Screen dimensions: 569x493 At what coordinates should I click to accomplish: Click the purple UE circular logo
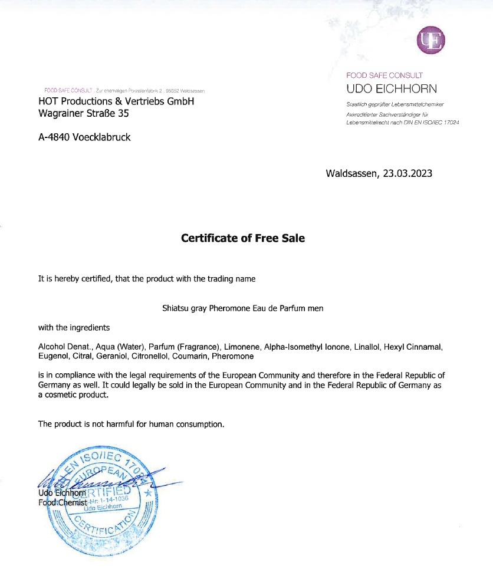(430, 40)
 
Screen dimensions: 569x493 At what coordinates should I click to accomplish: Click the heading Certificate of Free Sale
(242, 238)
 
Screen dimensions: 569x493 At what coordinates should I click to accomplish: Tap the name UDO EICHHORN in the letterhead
(392, 89)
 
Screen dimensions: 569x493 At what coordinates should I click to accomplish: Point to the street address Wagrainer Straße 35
(83, 113)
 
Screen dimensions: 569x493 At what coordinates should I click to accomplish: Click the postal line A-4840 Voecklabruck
(84, 137)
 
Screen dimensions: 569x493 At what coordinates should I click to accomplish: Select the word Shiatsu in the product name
(175, 308)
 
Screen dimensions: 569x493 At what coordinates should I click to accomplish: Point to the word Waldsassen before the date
(351, 173)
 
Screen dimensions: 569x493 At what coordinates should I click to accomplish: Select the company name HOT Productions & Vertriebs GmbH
(116, 101)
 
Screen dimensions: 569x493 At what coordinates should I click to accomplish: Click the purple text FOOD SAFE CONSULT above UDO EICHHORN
(384, 75)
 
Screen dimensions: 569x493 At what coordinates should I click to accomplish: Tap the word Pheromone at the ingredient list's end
(232, 356)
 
